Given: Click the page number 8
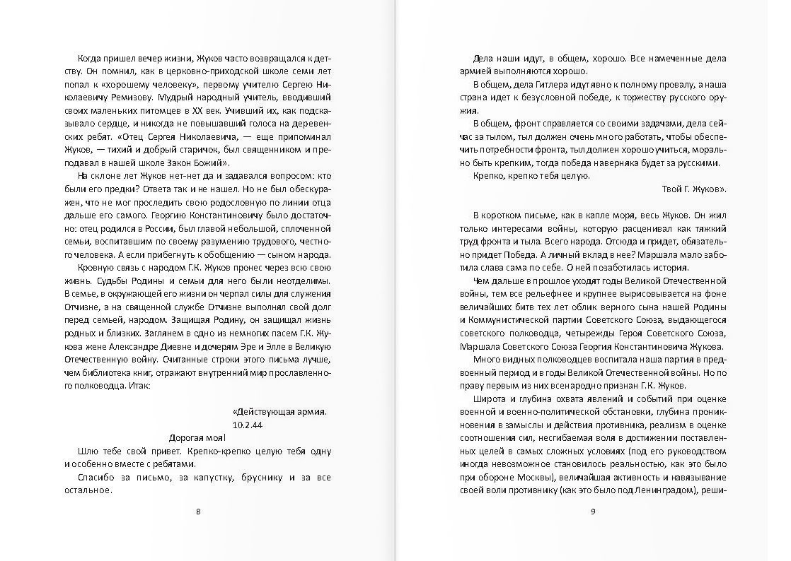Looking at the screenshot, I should pyautogui.click(x=197, y=512).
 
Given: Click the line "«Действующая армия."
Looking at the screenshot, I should pyautogui.click(x=279, y=411).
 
